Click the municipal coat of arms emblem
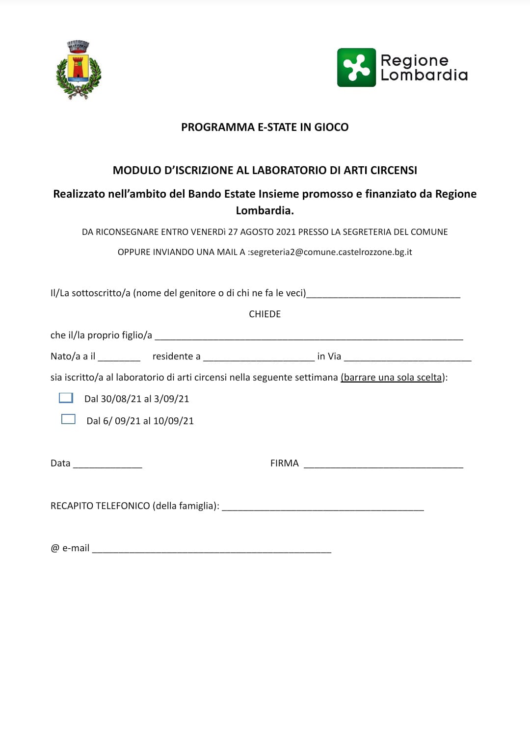tap(79, 70)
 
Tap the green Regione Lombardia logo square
tap(356, 68)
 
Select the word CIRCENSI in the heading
tap(394, 170)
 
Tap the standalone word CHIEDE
tap(265, 314)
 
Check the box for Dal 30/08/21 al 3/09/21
tap(66, 398)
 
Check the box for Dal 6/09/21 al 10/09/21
tap(68, 419)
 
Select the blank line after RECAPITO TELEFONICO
tap(322, 508)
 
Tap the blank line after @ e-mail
tap(212, 550)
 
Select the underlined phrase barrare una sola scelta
tap(392, 378)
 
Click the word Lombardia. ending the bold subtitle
tap(265, 210)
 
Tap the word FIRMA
tap(284, 463)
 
